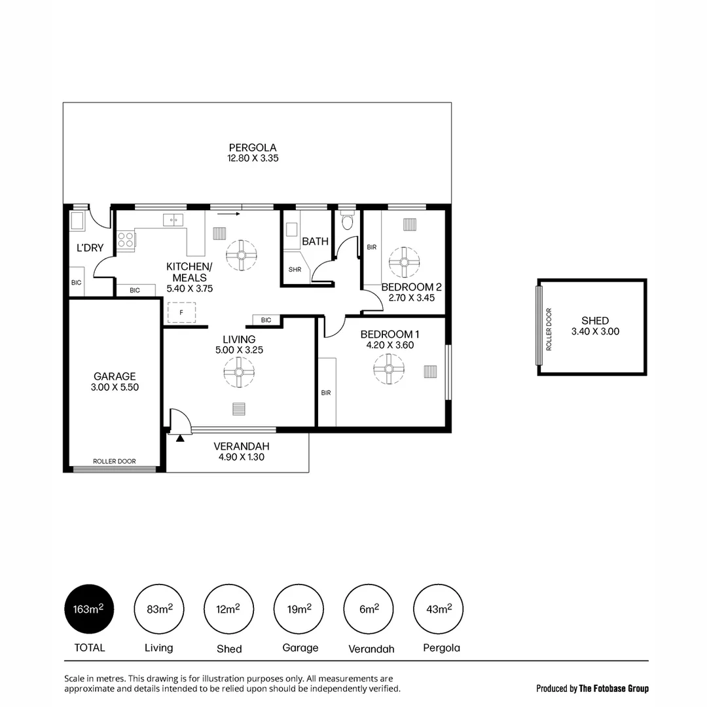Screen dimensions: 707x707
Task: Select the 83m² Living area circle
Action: tap(158, 609)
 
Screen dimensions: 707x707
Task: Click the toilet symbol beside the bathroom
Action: tap(347, 223)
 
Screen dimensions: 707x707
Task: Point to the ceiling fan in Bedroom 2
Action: tap(403, 261)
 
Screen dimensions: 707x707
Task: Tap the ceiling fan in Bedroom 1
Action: tap(389, 369)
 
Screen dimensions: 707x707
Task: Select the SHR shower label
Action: tap(295, 269)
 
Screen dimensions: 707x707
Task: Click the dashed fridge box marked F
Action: tap(182, 313)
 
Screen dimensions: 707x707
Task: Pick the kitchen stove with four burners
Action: tap(126, 240)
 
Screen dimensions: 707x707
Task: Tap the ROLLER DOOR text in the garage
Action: tap(115, 462)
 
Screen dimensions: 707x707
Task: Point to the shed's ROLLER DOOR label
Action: tap(549, 329)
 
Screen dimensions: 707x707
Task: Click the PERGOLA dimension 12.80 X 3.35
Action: tap(253, 158)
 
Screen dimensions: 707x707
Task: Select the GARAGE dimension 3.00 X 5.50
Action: tap(115, 387)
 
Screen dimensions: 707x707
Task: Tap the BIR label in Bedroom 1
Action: tap(325, 393)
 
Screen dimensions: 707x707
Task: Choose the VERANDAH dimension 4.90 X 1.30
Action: tap(241, 457)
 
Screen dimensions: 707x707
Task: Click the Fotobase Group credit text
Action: tap(592, 688)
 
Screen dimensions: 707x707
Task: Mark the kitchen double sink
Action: tap(173, 221)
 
